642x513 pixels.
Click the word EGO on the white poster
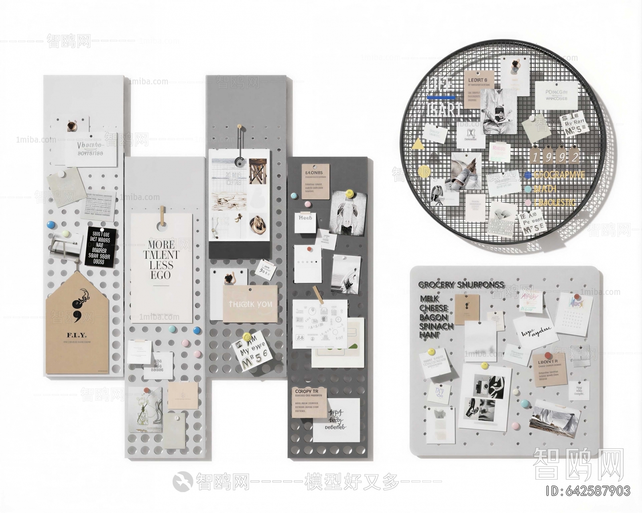click(160, 275)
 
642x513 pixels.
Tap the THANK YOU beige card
click(250, 304)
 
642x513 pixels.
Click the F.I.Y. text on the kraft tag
click(77, 335)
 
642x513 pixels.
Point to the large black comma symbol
click(76, 307)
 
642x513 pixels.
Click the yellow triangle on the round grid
click(418, 144)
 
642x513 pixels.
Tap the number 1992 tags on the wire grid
click(555, 157)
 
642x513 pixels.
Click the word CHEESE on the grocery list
click(433, 308)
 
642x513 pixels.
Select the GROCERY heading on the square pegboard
click(437, 284)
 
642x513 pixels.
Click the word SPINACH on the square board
click(436, 326)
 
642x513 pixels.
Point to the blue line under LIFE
click(441, 98)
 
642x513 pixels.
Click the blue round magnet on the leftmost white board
click(51, 225)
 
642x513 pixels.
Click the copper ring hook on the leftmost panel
click(71, 126)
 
